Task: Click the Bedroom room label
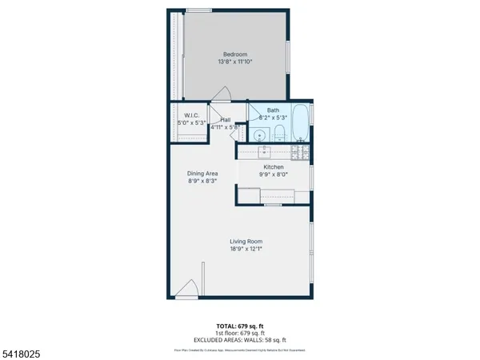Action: (236, 54)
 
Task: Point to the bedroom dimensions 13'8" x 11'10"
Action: (236, 62)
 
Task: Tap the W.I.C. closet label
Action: (190, 115)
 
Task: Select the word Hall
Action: (226, 119)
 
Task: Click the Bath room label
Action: (273, 110)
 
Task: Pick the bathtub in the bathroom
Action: (300, 124)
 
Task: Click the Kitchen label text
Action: (274, 166)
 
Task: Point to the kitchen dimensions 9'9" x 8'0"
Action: (274, 174)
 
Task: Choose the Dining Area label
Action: (202, 173)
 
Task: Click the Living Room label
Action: (246, 241)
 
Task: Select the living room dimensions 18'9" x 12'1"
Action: (246, 249)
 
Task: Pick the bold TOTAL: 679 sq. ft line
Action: (240, 326)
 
